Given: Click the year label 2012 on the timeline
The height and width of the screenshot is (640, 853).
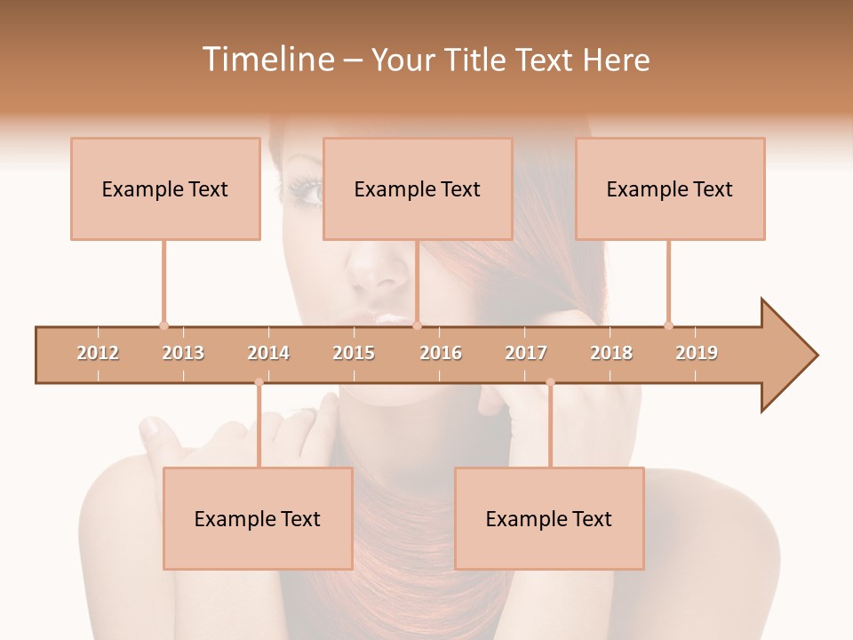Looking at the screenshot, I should click(98, 353).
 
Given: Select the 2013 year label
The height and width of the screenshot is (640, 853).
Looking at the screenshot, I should click(183, 353).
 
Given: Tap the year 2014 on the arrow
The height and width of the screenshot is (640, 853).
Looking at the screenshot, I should click(268, 353).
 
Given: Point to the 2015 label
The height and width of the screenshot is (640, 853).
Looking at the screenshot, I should click(354, 353).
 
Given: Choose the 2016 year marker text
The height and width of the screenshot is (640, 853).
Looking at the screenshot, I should click(441, 353).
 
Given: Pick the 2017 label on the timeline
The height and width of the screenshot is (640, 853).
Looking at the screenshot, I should click(526, 353).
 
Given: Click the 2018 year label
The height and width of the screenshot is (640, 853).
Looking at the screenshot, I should click(611, 353).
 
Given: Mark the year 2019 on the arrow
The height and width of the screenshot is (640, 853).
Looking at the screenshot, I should click(697, 353).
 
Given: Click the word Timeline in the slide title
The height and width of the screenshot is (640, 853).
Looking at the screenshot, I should click(267, 60).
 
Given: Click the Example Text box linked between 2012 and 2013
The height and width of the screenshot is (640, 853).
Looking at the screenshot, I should click(165, 189).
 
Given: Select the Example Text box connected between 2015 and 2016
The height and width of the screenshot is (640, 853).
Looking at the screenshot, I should click(418, 189).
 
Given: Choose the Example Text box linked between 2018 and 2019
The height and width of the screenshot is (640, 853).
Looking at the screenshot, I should click(670, 189).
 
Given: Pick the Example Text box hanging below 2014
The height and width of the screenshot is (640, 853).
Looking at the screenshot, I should click(258, 519).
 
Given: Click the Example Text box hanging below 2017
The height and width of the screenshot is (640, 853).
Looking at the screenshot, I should click(549, 519).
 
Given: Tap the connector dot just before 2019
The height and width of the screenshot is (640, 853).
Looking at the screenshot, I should click(668, 325).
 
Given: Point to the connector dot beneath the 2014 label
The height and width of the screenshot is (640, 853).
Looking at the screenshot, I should click(259, 383).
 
